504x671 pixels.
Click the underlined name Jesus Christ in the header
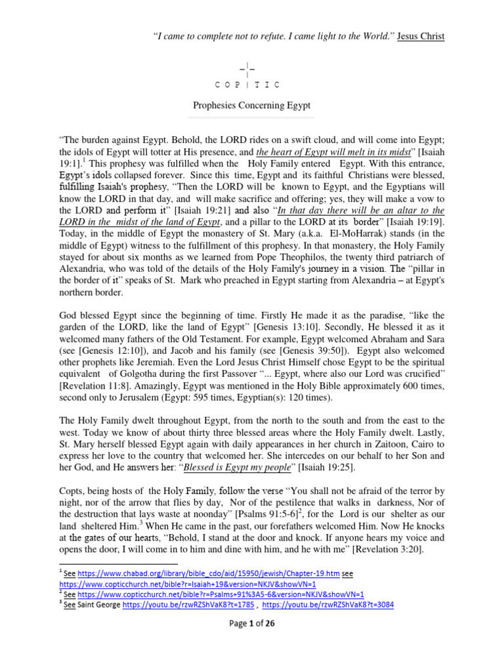click(x=422, y=37)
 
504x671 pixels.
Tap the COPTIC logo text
click(x=248, y=85)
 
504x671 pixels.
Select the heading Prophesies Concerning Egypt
click(x=251, y=105)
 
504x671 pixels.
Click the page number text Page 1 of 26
click(x=252, y=623)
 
